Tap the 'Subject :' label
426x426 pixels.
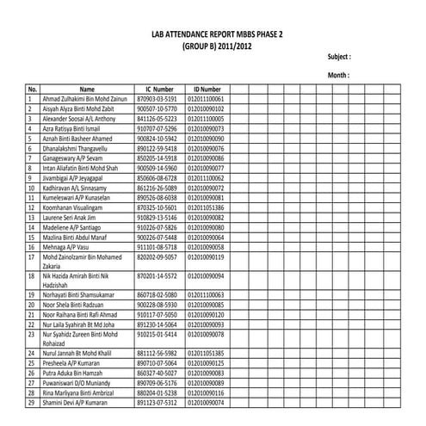339,57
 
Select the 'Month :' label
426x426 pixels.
337,76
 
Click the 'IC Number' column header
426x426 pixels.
158,90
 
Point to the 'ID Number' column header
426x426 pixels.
207,90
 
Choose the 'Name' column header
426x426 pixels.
87,90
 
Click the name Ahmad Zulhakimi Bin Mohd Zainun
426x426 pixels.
84,100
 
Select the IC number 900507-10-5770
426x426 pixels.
157,109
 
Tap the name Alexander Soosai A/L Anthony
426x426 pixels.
78,119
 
